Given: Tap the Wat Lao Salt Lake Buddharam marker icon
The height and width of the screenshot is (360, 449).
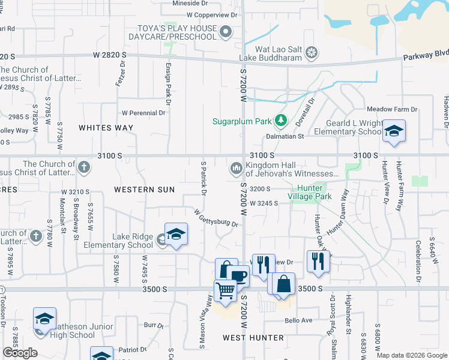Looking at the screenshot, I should [311, 53].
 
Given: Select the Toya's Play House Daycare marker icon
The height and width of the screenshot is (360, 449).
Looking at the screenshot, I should [226, 32].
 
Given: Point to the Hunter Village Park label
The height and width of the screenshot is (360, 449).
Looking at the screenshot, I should [310, 192].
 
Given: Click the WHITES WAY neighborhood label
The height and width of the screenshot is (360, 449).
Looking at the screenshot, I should [106, 128].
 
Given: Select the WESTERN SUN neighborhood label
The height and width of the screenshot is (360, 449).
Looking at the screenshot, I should [144, 190].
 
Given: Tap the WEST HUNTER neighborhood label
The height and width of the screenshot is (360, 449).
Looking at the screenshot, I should [253, 338].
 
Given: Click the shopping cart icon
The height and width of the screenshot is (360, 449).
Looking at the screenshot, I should [225, 290].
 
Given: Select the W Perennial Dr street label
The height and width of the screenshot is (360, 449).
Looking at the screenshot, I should [143, 112].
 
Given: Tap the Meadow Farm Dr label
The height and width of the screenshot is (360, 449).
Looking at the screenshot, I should [391, 109].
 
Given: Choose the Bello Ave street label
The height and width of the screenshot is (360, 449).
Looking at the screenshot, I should [298, 320].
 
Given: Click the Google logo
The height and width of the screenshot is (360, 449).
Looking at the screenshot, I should [20, 353].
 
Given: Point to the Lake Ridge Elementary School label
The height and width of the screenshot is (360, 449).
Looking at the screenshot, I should [124, 241].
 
